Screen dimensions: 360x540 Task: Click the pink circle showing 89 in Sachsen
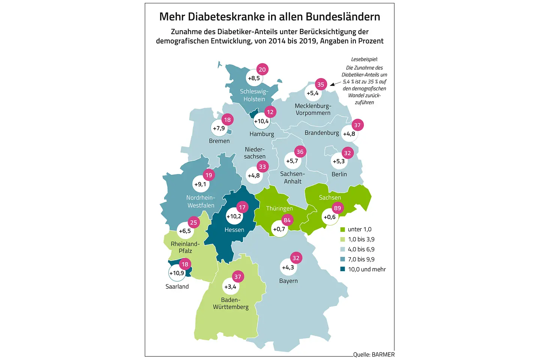(337, 208)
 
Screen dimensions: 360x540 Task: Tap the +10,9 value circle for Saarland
(176, 273)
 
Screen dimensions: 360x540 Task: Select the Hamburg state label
(262, 134)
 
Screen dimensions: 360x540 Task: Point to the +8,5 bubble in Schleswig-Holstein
(254, 78)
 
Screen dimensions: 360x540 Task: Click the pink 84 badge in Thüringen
(287, 220)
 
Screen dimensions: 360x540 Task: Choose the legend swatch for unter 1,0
(342, 229)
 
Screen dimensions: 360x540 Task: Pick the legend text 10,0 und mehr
(367, 269)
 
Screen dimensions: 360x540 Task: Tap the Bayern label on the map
(288, 281)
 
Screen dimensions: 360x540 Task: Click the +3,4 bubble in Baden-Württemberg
(230, 287)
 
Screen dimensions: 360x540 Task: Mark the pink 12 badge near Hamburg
(270, 112)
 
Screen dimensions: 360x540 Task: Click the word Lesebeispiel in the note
(364, 59)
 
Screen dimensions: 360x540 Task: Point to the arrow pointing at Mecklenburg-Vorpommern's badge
(335, 84)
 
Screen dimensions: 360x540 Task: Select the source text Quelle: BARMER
(374, 354)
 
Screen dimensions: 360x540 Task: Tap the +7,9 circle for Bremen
(219, 128)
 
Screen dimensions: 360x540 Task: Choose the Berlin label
(339, 174)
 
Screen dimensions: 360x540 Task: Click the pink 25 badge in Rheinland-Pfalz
(193, 222)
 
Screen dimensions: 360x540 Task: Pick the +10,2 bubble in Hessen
(234, 216)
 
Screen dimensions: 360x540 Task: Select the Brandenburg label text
(322, 133)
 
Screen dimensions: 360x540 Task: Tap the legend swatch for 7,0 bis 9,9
(342, 259)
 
